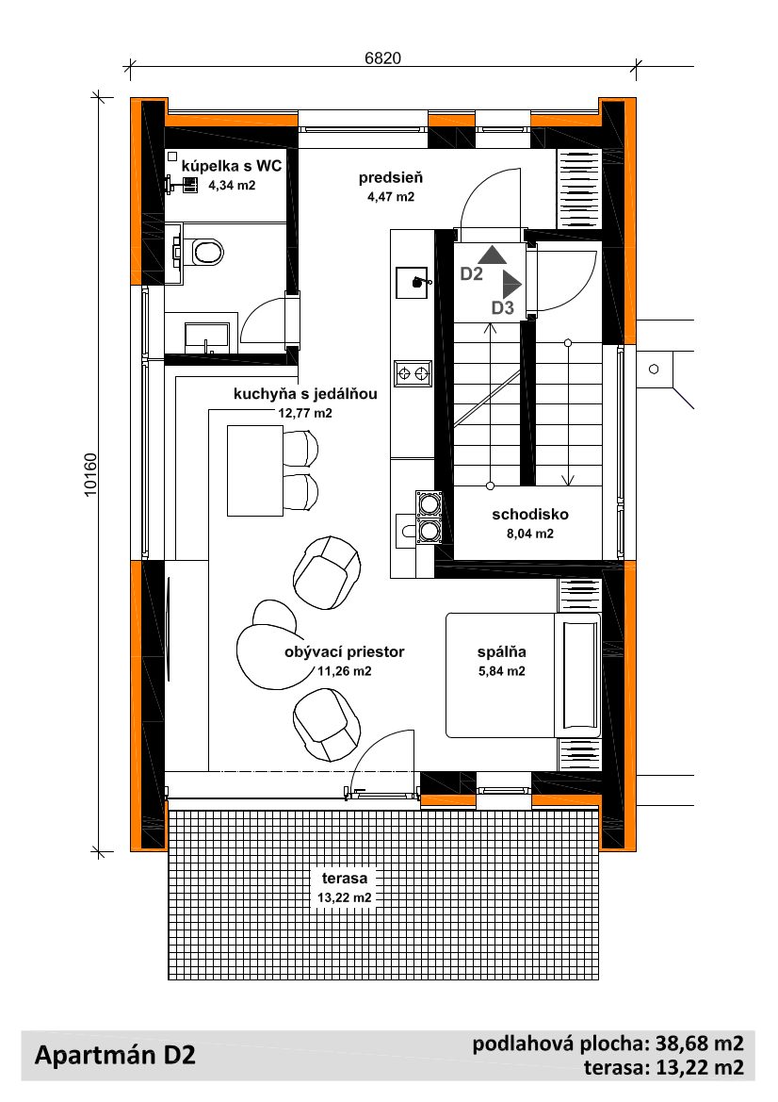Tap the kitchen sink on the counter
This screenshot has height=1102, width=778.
pos(413,282)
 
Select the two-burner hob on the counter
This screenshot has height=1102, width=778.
pos(413,372)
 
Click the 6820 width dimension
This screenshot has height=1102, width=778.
pos(382,58)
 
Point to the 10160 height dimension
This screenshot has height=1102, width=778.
pos(90,475)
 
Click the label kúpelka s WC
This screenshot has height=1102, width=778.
pos(232,166)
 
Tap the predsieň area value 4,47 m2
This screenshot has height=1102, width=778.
pos(391,197)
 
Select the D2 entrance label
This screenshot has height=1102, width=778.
pos(471,273)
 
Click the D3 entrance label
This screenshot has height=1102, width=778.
pos(503,307)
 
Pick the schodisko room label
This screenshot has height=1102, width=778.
pos(530,514)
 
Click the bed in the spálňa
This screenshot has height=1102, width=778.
pos(523,675)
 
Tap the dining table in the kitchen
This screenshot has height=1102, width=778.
pos(254,470)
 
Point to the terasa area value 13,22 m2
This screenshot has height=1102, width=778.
pos(345,897)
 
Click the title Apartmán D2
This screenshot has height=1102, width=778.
pos(115,1055)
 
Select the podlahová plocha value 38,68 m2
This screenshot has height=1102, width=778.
pos(700,1043)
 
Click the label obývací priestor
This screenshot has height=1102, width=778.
pos(345,651)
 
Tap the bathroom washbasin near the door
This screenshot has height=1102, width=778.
pos(207,337)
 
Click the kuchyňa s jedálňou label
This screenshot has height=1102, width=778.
pos(305,394)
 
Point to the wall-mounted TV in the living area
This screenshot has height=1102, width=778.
pos(169,629)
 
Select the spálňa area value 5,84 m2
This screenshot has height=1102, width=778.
pos(502,671)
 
